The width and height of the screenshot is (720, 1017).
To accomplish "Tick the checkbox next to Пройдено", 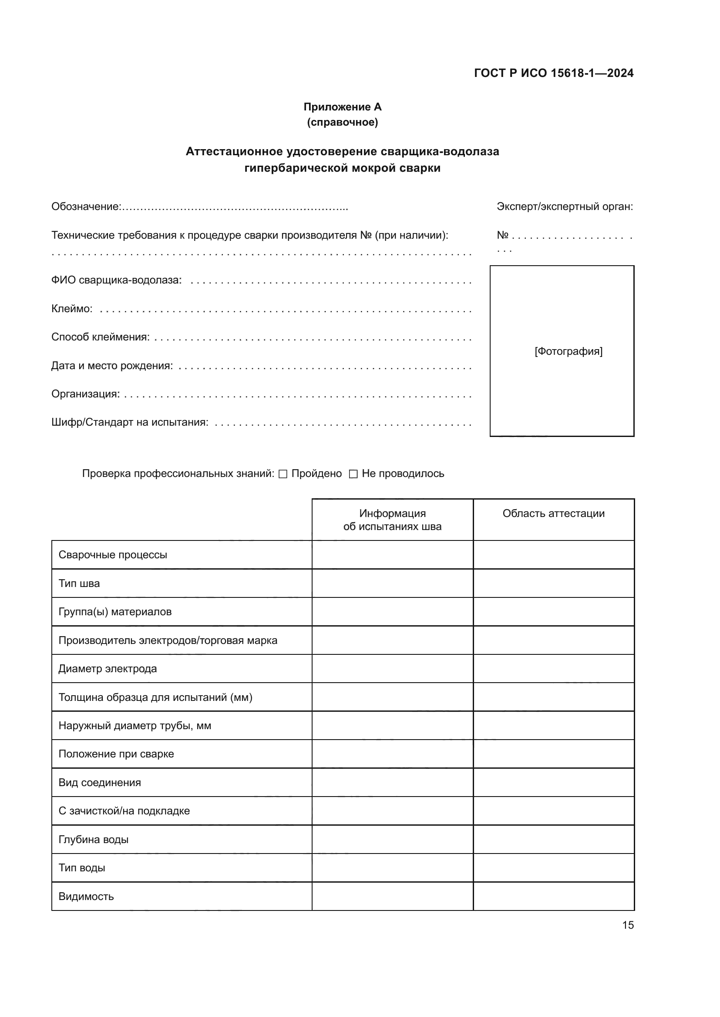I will [283, 474].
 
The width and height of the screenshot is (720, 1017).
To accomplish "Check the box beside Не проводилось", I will [353, 474].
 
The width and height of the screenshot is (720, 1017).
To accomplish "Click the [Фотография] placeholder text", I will [569, 351].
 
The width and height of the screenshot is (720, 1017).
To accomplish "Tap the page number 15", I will [628, 925].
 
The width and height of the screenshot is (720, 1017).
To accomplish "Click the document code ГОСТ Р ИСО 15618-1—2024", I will [554, 73].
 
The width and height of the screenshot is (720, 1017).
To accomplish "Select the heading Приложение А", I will [342, 107].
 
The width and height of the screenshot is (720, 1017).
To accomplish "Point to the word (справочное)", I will [342, 122].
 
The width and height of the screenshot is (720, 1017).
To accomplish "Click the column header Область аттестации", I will [553, 514].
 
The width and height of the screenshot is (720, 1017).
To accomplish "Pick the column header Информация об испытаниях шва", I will [392, 520].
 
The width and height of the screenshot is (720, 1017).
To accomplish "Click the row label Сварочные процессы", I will [113, 554].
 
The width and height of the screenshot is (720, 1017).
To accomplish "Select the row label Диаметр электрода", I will [108, 668].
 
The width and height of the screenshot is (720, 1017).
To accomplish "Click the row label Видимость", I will [86, 896].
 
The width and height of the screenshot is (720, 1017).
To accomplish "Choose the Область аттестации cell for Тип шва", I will [553, 584].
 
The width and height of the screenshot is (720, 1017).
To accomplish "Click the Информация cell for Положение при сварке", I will [392, 754].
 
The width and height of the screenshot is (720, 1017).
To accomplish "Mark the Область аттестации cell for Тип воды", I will [553, 868].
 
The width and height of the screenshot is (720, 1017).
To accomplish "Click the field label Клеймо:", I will [72, 309].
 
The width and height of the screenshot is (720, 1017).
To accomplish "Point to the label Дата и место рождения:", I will [112, 365].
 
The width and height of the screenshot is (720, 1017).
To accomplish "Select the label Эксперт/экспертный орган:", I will [565, 207].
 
